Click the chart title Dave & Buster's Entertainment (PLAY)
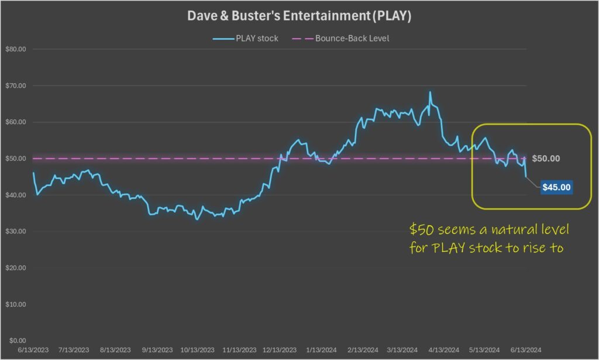tap(299, 16)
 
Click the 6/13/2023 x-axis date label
tap(32, 349)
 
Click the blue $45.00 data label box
tap(556, 187)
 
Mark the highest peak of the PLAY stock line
tap(430, 92)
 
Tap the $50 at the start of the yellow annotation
tap(421, 227)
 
